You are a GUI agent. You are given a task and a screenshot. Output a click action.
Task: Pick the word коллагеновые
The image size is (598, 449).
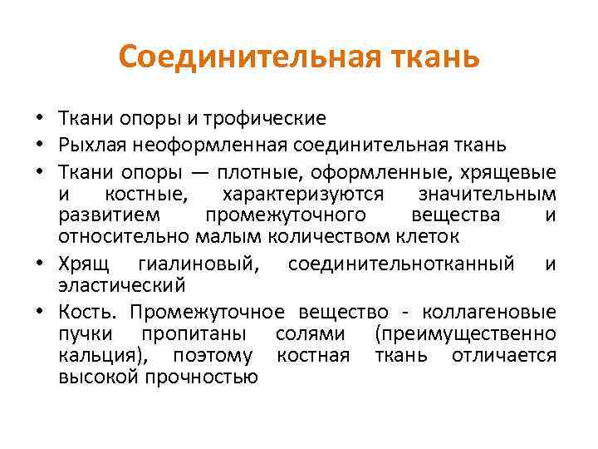tap(489, 312)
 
